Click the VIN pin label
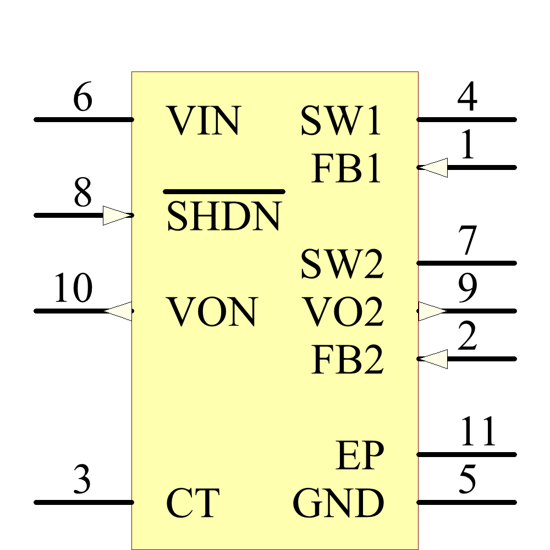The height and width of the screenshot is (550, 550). [204, 120]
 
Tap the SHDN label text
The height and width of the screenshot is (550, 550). [224, 216]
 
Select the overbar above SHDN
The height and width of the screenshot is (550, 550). [224, 191]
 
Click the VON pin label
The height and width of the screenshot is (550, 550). [212, 312]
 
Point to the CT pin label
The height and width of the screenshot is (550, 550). [193, 503]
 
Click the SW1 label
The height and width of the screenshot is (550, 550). [341, 120]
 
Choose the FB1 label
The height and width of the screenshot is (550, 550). [346, 168]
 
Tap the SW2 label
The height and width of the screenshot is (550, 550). [342, 264]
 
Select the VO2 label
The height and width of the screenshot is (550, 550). [344, 312]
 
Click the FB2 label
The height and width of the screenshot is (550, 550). [347, 360]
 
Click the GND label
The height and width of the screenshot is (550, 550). [338, 503]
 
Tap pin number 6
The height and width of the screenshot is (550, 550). [82, 99]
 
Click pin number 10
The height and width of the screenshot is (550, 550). [73, 290]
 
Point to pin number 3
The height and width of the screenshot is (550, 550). [82, 480]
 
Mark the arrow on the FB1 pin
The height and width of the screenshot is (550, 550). [433, 167]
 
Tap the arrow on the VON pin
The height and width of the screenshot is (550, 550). [118, 311]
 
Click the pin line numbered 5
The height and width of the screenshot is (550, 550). [468, 502]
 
